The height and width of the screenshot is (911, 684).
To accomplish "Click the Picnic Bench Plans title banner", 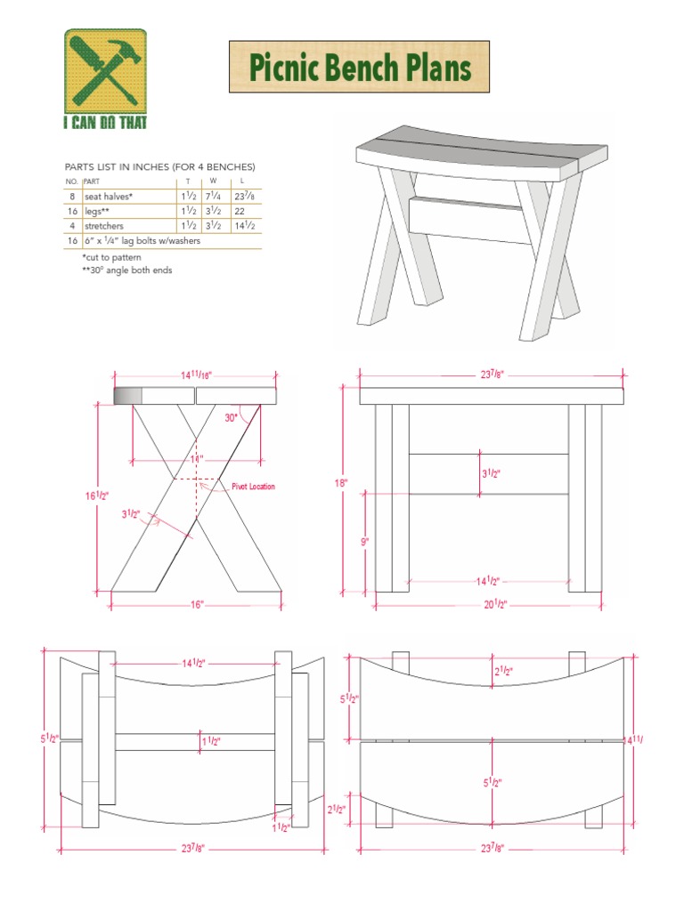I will [x=359, y=67].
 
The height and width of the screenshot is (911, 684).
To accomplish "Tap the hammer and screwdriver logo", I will [x=105, y=71].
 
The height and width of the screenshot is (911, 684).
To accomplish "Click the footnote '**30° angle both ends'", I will [x=126, y=270].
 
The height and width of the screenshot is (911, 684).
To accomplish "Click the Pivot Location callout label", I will [x=253, y=487].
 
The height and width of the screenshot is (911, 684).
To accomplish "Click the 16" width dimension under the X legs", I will [x=196, y=604].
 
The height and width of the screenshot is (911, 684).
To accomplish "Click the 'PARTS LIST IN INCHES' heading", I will [x=160, y=166].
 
